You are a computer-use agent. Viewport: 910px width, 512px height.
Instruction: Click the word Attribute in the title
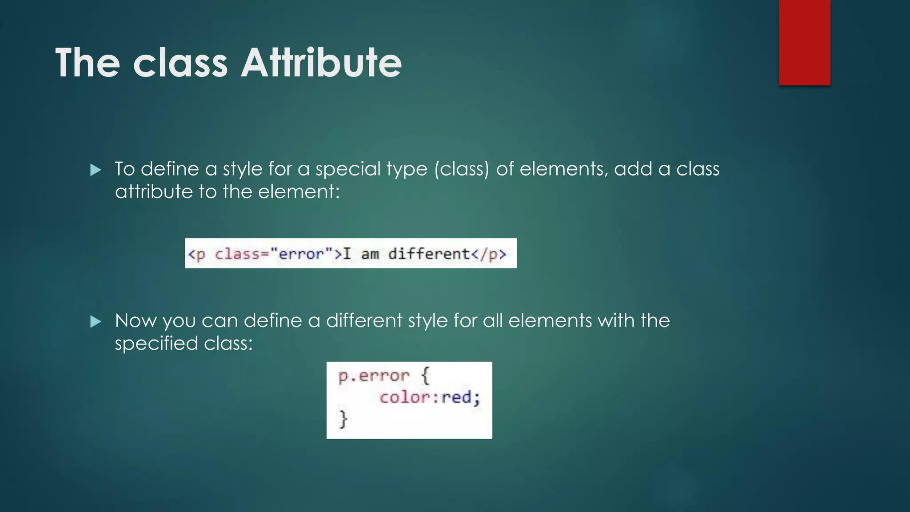321,63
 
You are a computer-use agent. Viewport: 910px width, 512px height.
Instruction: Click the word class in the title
180,63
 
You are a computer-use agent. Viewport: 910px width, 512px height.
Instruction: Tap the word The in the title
88,63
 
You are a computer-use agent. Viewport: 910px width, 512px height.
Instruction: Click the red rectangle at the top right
804,42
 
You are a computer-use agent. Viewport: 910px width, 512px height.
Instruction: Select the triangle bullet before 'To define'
96,170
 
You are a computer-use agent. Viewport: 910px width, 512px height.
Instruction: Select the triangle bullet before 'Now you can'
96,321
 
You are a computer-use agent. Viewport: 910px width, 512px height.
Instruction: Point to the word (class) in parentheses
461,169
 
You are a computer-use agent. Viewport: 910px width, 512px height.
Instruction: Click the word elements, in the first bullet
563,169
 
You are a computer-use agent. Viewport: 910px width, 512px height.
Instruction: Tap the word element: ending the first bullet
299,192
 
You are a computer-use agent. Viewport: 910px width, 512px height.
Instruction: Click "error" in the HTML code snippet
301,254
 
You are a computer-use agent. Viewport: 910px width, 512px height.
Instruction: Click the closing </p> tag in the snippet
488,254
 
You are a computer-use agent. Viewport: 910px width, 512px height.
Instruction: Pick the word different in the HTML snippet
429,254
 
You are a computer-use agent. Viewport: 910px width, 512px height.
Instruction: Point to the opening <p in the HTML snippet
196,254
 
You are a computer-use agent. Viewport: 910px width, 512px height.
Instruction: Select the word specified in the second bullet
156,344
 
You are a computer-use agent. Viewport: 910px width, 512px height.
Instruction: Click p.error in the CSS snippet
373,376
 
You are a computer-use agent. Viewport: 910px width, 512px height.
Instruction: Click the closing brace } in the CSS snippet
343,419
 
